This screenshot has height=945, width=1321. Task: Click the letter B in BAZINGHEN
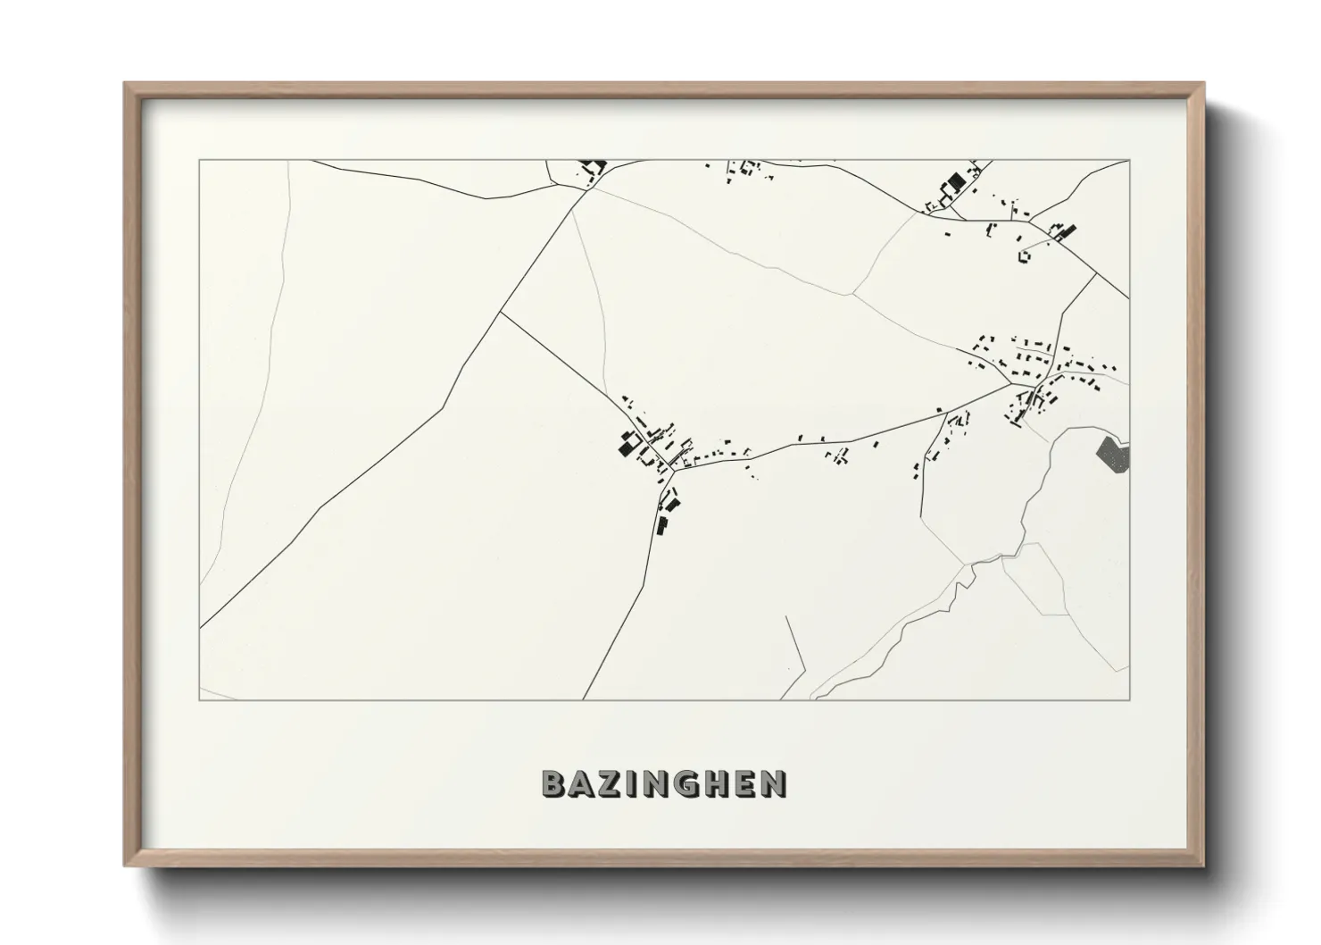tap(554, 783)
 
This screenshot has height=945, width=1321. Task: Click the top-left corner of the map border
tap(200, 161)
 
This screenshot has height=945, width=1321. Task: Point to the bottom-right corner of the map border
tap(1129, 699)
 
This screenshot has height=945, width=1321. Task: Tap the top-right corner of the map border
tap(1129, 161)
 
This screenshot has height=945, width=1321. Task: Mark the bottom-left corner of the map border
tap(200, 699)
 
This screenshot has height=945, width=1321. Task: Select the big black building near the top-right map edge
tap(956, 184)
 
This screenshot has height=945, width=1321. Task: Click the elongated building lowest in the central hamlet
tap(662, 525)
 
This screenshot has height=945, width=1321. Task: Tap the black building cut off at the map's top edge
tap(593, 165)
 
